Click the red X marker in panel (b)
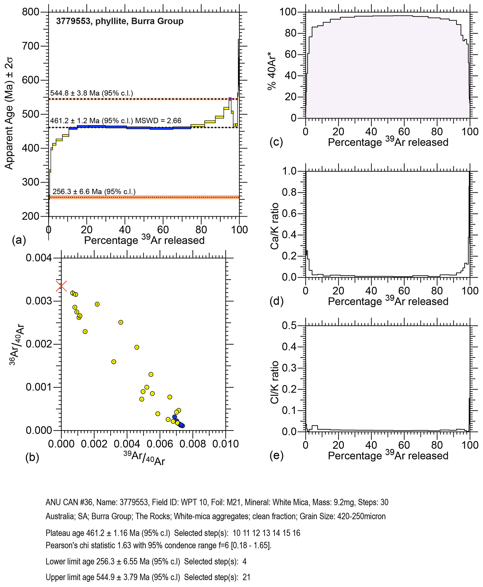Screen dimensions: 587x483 point(61,286)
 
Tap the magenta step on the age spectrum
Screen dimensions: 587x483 point(230,99)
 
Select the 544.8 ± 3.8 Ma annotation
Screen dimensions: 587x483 point(92,93)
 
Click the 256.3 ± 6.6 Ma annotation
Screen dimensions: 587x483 point(94,192)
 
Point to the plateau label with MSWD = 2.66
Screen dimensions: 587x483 point(116,121)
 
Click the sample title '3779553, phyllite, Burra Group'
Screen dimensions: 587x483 point(120,21)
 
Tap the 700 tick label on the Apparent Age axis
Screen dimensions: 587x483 point(31,46)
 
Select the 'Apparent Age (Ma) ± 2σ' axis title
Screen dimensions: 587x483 point(9,113)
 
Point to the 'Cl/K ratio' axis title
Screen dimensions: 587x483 point(275,382)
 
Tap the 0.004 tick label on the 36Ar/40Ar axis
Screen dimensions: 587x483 point(39,258)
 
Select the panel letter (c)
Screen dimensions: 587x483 point(276,142)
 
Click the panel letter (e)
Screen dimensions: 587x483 point(276,456)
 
